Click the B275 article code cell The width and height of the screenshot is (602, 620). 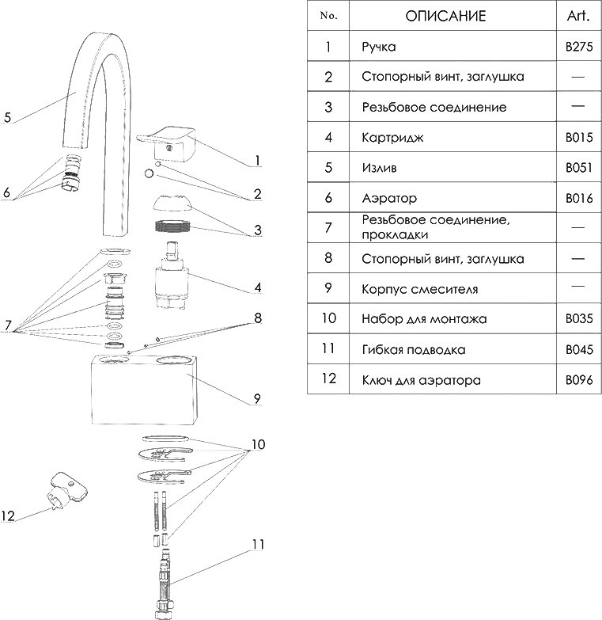click(578, 47)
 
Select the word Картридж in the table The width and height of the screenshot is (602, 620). click(393, 138)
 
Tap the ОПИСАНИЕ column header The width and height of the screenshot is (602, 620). click(445, 16)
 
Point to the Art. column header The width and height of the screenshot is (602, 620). click(578, 16)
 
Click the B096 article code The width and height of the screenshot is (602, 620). click(578, 380)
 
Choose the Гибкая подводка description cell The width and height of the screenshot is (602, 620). click(413, 349)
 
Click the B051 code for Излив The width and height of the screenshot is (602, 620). click(578, 169)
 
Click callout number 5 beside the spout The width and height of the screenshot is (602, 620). click(7, 118)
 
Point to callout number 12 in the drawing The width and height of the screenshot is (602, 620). click(8, 516)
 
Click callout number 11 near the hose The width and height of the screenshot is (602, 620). click(258, 545)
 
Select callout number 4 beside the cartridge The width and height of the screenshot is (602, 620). click(258, 287)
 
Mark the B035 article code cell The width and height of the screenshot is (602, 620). click(578, 319)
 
